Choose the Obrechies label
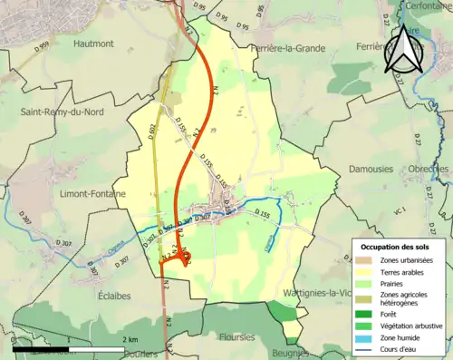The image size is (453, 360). (x=429, y=170)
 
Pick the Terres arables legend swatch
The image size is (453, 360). (x=369, y=272)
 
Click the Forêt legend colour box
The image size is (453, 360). (x=369, y=314)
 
